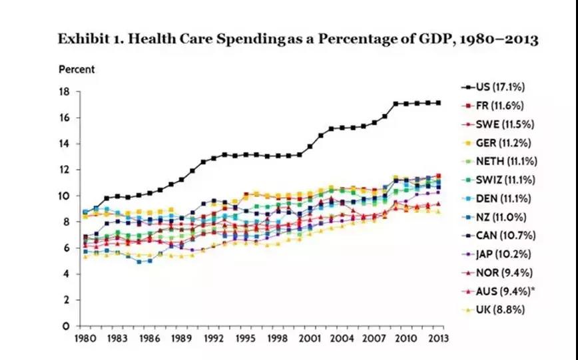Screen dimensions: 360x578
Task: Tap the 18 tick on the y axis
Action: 65,92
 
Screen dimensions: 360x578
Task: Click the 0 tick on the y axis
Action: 68,326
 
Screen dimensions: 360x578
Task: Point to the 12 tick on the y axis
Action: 65,170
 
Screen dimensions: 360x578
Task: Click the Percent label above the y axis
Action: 77,69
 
